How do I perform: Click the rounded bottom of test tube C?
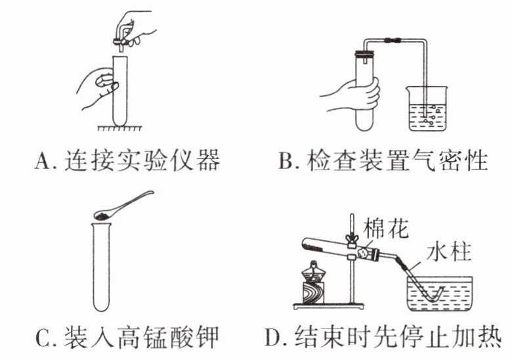[101, 304]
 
